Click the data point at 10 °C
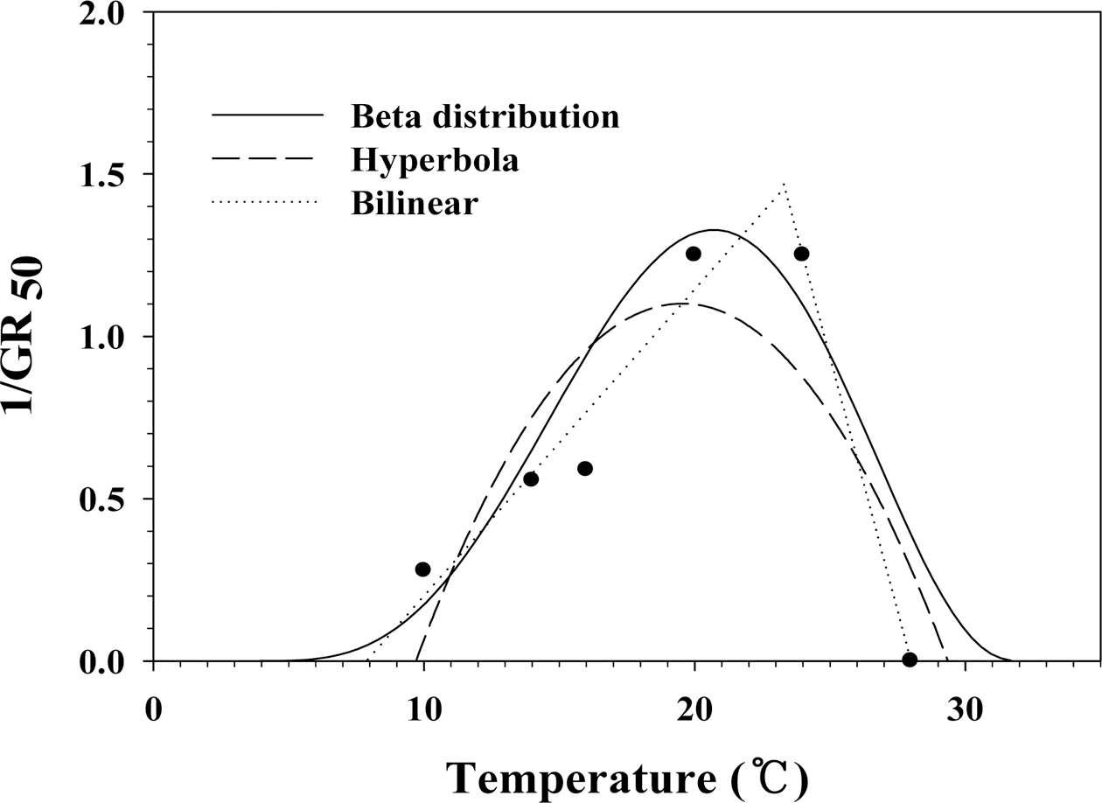point(422,569)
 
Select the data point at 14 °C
point(531,478)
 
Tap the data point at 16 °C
point(585,468)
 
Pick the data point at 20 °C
point(694,254)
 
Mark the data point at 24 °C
point(801,254)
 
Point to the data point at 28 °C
point(910,660)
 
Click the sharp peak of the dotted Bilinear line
point(785,185)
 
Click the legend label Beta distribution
point(485,116)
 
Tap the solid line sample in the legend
point(267,115)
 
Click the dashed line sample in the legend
point(267,159)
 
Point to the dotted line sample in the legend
point(267,203)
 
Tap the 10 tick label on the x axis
point(423,707)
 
